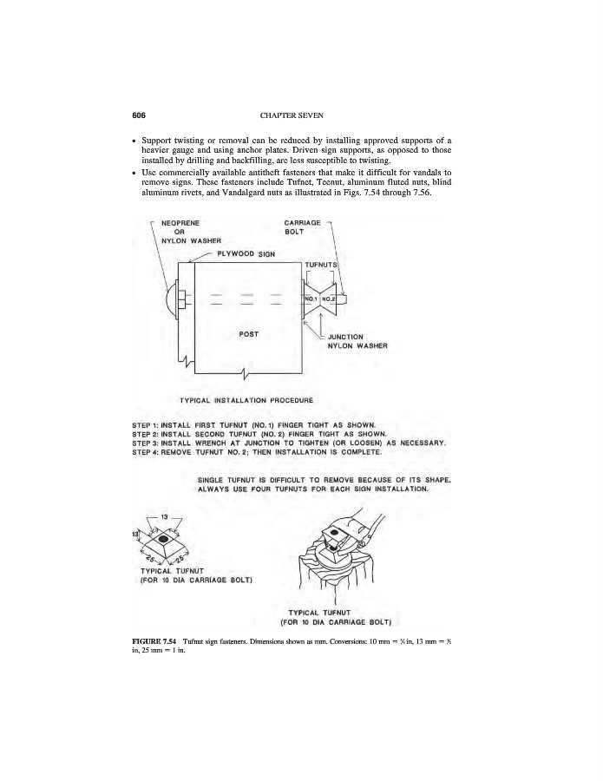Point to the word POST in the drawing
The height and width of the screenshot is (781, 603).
pyautogui.click(x=249, y=333)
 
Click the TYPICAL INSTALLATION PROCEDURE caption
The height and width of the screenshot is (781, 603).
pyautogui.click(x=245, y=399)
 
